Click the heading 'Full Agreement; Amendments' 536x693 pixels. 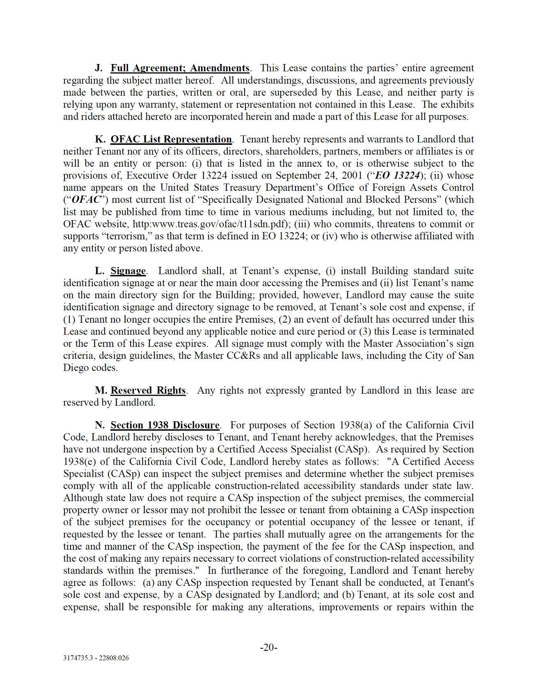[x=180, y=68]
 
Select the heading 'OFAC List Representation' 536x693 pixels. [x=171, y=140]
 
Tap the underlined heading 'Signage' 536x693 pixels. [x=128, y=271]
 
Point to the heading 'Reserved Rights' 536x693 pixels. [x=148, y=390]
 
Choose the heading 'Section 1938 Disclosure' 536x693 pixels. [x=165, y=425]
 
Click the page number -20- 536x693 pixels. [x=269, y=648]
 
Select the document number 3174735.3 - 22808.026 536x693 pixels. [x=96, y=658]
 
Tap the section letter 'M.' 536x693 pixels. [x=101, y=390]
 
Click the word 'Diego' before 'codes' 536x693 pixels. [x=76, y=368]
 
